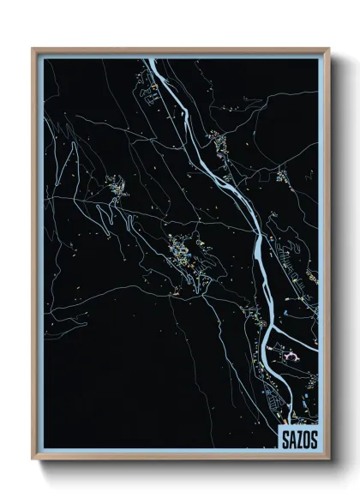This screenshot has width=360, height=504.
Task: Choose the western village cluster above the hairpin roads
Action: (114, 184)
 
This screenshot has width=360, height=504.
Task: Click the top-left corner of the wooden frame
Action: (33, 49)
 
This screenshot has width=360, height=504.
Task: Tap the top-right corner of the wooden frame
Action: (329, 49)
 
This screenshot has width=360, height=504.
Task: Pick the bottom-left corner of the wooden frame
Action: (33, 459)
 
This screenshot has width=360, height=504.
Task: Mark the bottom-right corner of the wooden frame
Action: (329, 459)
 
